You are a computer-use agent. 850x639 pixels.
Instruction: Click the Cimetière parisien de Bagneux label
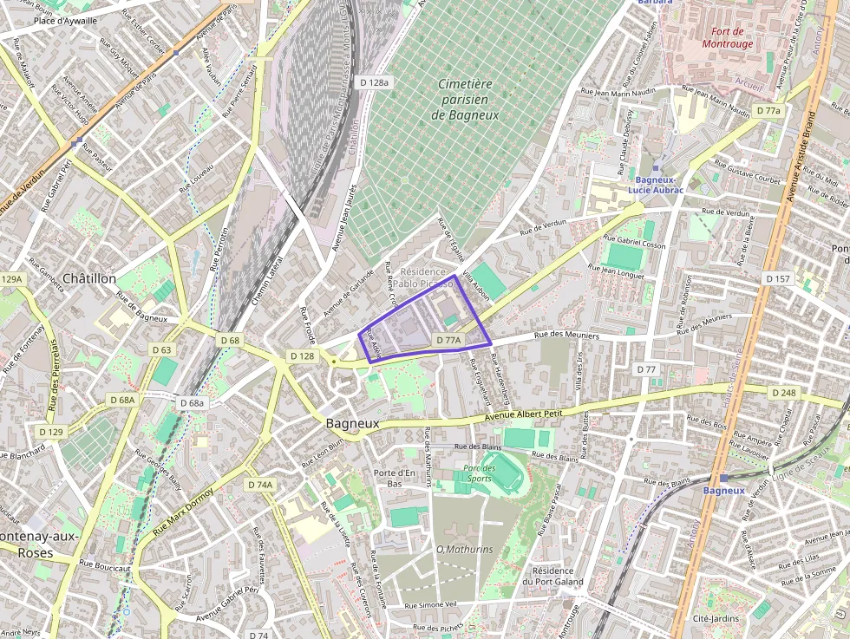(x=465, y=99)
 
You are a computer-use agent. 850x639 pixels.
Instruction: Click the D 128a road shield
(x=374, y=82)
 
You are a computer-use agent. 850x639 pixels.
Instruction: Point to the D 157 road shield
(x=778, y=278)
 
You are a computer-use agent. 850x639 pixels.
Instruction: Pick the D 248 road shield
(x=782, y=393)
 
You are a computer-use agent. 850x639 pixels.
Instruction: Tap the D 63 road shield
(x=161, y=349)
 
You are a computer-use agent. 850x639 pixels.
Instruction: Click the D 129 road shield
(x=51, y=431)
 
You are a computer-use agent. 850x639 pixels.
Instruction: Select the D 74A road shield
(x=259, y=485)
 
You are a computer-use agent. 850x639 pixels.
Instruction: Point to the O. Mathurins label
(x=464, y=549)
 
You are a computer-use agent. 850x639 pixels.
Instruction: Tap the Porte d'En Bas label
(x=395, y=478)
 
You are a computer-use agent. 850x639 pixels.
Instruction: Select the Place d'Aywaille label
(x=64, y=18)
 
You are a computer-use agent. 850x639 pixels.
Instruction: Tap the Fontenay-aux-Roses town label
(x=39, y=544)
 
